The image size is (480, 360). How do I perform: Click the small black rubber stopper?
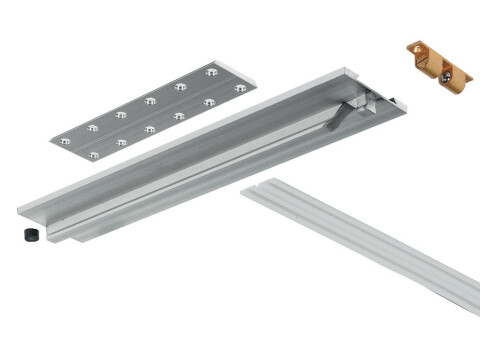tap(29, 236)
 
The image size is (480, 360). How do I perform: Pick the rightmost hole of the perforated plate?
tap(240, 89)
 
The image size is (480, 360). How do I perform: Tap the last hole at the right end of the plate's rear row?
tap(212, 72)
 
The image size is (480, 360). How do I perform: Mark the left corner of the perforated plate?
tap(50, 141)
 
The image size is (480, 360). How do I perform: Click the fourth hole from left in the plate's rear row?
tap(149, 100)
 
